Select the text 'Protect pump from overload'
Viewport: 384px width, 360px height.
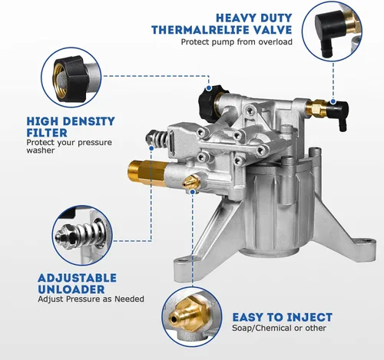click(x=237, y=41)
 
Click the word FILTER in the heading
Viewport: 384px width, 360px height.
click(x=47, y=133)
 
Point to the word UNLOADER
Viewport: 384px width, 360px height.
click(x=71, y=289)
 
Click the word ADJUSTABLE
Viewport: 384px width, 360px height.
click(x=77, y=278)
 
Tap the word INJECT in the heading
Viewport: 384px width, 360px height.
click(x=310, y=317)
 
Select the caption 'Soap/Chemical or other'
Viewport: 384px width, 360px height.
click(x=279, y=328)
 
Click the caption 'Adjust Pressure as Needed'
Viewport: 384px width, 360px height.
click(x=91, y=299)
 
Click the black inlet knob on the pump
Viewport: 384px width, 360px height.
click(x=208, y=102)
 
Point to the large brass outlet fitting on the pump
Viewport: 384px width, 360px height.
click(x=147, y=171)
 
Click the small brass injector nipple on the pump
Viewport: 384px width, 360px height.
click(x=190, y=182)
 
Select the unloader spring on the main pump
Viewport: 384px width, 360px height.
click(x=156, y=138)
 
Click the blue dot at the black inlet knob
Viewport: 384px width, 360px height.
click(x=209, y=88)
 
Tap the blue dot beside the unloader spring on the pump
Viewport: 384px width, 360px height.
click(x=151, y=148)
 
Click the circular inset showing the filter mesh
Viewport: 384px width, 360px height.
click(x=71, y=77)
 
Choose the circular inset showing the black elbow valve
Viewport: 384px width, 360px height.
click(x=333, y=31)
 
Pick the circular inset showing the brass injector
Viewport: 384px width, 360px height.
click(x=192, y=317)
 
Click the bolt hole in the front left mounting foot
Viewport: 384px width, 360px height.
click(x=181, y=261)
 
